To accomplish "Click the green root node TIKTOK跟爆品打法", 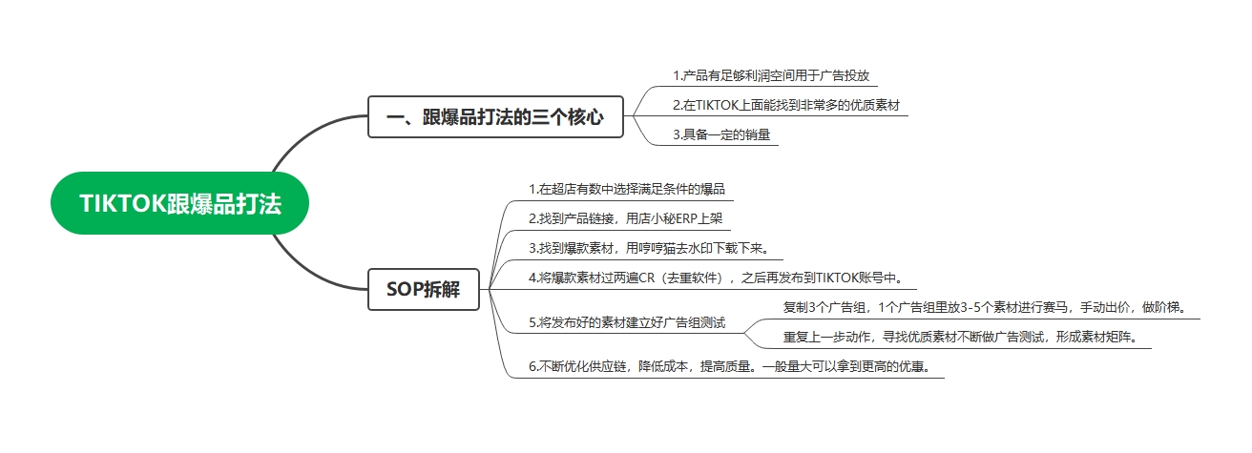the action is pyautogui.click(x=179, y=203).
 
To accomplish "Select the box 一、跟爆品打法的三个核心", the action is pyautogui.click(x=495, y=116).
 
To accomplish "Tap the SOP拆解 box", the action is pyautogui.click(x=423, y=289).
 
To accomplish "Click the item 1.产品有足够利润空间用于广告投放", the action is pyautogui.click(x=771, y=76).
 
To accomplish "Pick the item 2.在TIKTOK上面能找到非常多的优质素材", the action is pyautogui.click(x=786, y=105).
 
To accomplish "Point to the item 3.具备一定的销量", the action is pyautogui.click(x=721, y=134).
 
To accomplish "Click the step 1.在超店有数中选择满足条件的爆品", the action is pyautogui.click(x=627, y=190).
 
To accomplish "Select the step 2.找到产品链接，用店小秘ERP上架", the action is pyautogui.click(x=625, y=218).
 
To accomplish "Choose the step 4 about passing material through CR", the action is pyautogui.click(x=716, y=278).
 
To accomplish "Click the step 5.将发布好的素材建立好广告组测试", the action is pyautogui.click(x=627, y=322).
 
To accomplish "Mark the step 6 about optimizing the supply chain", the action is pyautogui.click(x=730, y=366).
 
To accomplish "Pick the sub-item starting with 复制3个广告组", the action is pyautogui.click(x=985, y=307).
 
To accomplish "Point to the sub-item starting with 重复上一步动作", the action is pyautogui.click(x=961, y=337).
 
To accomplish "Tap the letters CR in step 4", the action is pyautogui.click(x=647, y=278).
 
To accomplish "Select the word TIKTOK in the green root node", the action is pyautogui.click(x=123, y=203).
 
